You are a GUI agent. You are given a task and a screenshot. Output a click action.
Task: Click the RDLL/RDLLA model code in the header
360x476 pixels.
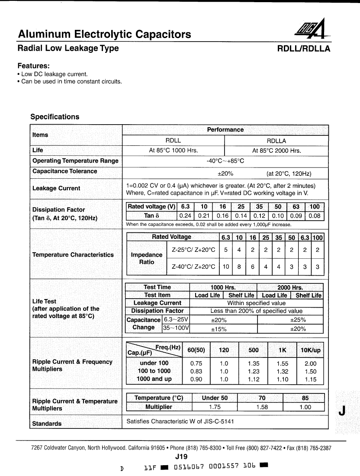click(x=303, y=49)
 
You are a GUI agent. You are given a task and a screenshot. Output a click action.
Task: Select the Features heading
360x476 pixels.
click(x=33, y=66)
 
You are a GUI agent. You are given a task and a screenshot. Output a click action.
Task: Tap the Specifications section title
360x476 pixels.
click(x=55, y=117)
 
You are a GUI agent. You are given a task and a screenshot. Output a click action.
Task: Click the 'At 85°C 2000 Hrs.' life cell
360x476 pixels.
click(x=276, y=151)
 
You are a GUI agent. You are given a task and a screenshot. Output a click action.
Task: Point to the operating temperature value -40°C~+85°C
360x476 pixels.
click(x=225, y=161)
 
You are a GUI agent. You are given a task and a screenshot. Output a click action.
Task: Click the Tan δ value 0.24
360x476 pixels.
click(x=185, y=216)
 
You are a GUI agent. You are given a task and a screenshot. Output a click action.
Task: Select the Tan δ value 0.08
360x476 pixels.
click(x=315, y=216)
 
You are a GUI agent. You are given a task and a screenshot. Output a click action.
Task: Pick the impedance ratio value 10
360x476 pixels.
click(x=226, y=267)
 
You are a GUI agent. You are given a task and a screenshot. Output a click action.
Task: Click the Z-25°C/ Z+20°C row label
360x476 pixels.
click(x=193, y=250)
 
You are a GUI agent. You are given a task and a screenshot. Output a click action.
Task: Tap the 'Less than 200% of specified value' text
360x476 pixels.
click(x=256, y=311)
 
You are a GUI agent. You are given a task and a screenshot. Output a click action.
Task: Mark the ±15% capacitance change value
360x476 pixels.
click(x=219, y=329)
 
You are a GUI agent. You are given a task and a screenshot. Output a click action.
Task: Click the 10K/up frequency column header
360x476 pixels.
click(x=311, y=350)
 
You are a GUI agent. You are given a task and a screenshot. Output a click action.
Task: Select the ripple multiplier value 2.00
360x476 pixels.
click(x=311, y=363)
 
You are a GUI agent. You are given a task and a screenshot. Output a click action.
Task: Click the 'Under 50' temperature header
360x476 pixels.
click(x=214, y=398)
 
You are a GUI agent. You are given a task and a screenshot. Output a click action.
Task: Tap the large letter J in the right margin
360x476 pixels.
click(x=342, y=412)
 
